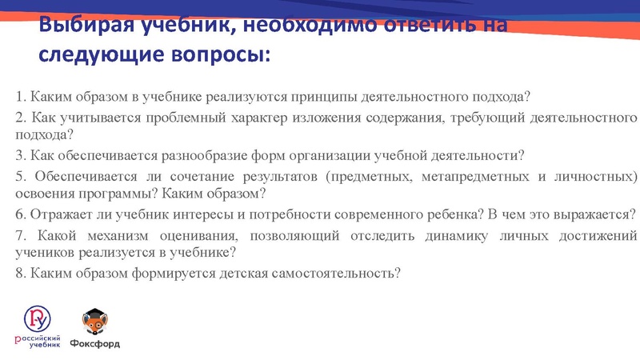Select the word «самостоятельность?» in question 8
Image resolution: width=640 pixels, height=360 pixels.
coord(337,272)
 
